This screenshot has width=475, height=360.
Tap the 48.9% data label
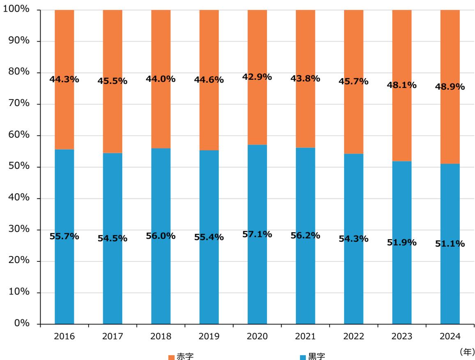pos(450,87)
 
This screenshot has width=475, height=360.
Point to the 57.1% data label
pos(257,234)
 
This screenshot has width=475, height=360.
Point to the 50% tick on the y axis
pos(18,167)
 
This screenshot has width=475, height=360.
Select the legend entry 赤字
pos(181,356)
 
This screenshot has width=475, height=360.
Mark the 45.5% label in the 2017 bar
pos(112,81)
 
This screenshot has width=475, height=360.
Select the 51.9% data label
pos(402,242)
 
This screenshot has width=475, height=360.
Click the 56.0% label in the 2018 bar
pos(161,236)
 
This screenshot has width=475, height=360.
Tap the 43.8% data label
pos(305,78)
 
